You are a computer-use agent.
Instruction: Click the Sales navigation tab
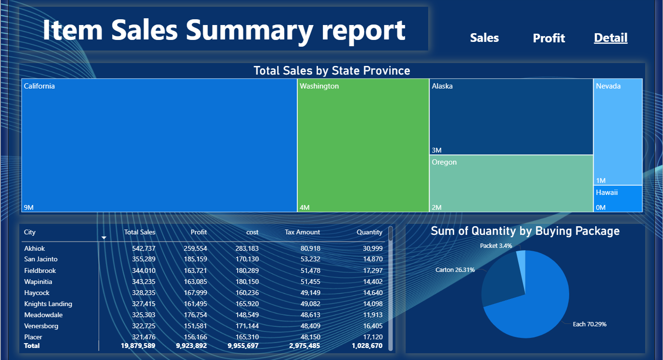pos(484,38)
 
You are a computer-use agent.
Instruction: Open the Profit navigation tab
pos(549,38)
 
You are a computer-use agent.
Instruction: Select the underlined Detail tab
pos(611,38)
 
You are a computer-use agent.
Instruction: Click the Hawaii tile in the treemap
pos(618,199)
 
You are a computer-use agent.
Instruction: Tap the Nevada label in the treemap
pos(608,86)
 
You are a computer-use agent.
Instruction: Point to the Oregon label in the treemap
pos(444,162)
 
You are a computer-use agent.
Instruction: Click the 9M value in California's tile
pos(29,207)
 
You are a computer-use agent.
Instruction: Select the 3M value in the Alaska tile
pos(436,150)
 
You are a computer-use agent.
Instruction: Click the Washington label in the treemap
pos(319,86)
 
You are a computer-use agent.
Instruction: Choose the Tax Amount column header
pos(302,232)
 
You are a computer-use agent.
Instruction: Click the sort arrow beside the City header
pos(103,238)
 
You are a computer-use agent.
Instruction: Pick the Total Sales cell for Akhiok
pos(143,248)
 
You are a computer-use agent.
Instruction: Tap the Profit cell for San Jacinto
pos(195,259)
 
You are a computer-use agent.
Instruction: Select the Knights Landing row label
pos(48,304)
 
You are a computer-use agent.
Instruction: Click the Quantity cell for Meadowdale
pos(373,315)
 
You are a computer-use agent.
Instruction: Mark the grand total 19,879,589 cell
pos(138,346)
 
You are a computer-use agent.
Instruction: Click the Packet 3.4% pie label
pos(496,246)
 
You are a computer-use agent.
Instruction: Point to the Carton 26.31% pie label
pos(455,270)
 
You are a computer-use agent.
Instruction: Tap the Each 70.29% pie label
pos(589,324)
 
